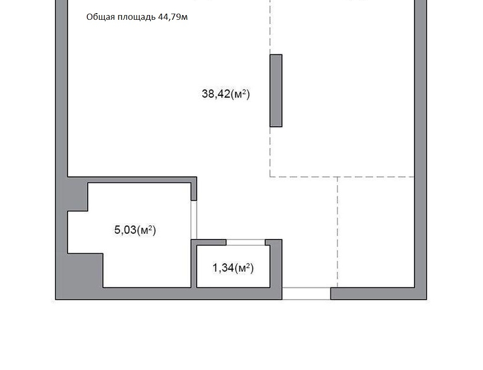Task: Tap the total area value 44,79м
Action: (x=173, y=17)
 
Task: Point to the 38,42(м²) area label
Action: (x=226, y=94)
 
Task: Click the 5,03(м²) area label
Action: (x=135, y=230)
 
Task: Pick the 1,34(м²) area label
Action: (x=233, y=268)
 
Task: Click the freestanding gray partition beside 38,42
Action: (x=276, y=90)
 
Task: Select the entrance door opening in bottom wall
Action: (x=307, y=293)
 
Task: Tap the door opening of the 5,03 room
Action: (x=194, y=220)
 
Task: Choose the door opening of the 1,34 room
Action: (x=246, y=243)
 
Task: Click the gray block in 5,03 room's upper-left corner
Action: (x=78, y=194)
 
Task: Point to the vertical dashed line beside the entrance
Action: (x=337, y=232)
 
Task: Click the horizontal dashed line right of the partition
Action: (x=342, y=177)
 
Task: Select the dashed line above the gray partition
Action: (x=270, y=27)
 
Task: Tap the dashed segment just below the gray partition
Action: (x=270, y=152)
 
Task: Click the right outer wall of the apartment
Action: (x=420, y=149)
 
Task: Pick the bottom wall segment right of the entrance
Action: (x=379, y=294)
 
